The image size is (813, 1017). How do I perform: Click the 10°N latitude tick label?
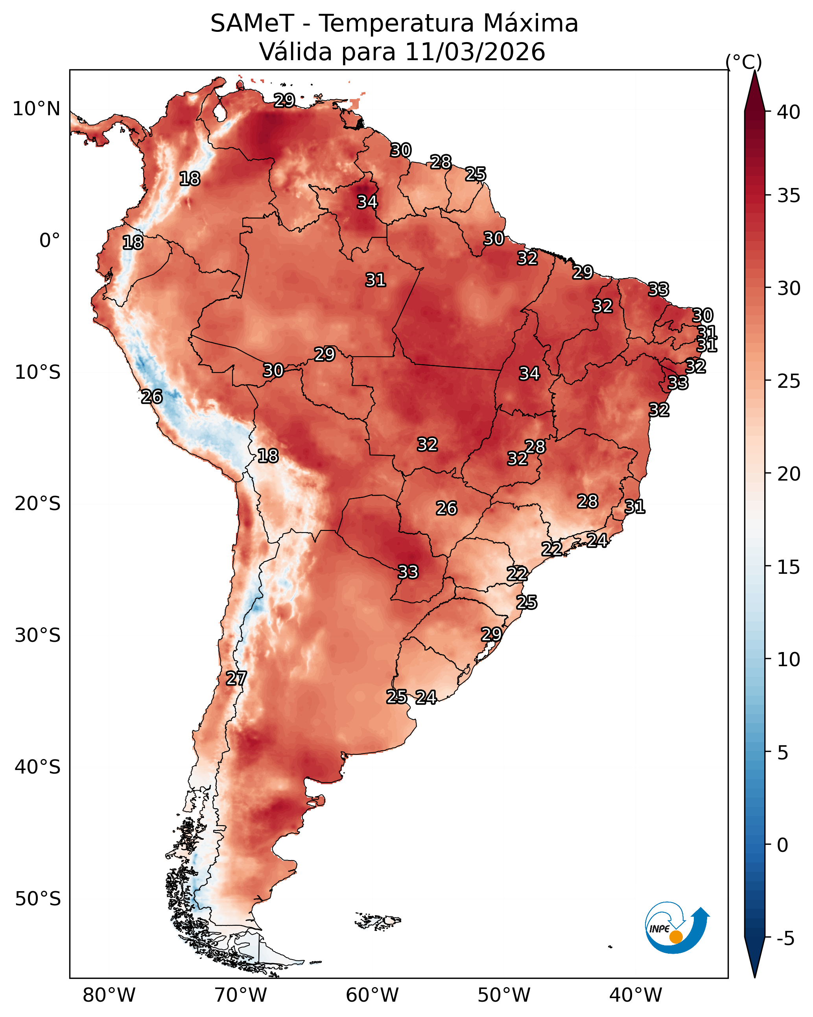[36, 109]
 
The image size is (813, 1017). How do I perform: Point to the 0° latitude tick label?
[50, 241]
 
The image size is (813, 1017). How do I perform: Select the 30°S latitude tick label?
[38, 636]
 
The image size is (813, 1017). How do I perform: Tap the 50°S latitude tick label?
[38, 899]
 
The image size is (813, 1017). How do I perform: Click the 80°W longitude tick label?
[109, 995]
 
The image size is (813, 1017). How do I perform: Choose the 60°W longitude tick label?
[372, 995]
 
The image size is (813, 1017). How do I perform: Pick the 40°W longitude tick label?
[636, 995]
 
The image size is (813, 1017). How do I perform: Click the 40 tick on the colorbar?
[789, 112]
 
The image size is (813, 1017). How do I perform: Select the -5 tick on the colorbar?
[785, 939]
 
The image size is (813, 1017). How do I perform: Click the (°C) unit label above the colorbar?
[743, 62]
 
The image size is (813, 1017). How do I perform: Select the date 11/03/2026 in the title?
[475, 52]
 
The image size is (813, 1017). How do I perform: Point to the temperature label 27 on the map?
[236, 678]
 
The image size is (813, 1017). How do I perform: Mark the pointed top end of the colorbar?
[754, 71]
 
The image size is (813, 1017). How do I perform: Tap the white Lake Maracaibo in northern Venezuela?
[219, 112]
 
